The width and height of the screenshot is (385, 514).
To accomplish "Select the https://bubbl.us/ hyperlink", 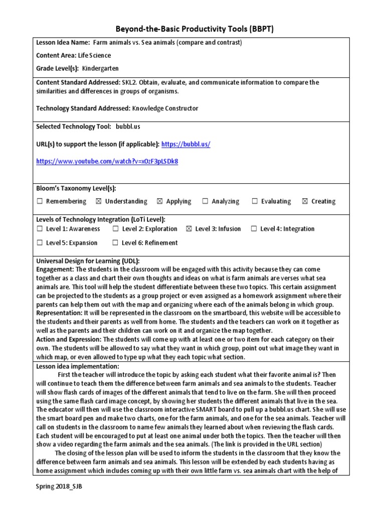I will tap(186, 145).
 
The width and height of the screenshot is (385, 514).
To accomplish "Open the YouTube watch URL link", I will tap(107, 162).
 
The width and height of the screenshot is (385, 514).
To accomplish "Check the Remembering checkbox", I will tap(40, 201).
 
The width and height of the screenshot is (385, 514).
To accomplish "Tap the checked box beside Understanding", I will tap(98, 201).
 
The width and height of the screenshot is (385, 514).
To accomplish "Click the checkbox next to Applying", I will tap(160, 201).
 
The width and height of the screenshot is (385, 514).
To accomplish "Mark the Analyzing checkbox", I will tap(205, 201).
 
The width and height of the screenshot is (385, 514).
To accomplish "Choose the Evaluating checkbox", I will tap(255, 201).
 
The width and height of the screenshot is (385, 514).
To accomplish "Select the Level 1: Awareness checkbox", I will tap(40, 229).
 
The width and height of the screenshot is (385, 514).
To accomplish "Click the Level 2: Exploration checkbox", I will tap(116, 229).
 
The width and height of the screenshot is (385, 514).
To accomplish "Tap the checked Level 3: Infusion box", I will tap(189, 229).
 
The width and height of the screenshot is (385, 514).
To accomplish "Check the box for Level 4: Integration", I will tap(254, 229).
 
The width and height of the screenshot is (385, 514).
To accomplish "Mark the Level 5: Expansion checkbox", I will tap(40, 243).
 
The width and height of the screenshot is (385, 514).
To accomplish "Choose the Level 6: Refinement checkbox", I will tap(116, 243).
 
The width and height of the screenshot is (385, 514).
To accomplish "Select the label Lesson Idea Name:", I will tap(63, 43).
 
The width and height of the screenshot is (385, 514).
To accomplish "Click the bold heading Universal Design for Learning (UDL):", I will tap(88, 262).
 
